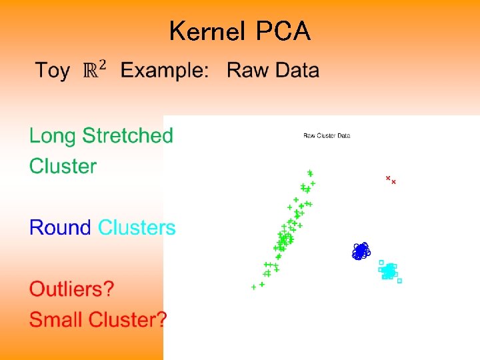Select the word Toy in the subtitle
coord(52,71)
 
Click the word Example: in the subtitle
coord(164,71)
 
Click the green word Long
coord(53,136)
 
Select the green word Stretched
coord(127,136)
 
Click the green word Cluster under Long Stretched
coord(63,166)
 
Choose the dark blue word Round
coord(60,228)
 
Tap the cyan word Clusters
coord(137,228)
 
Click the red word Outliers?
coord(71,289)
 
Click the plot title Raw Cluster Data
coord(327,136)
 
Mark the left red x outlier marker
coord(387,178)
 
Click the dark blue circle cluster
coord(361,251)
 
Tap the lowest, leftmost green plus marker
coord(253,287)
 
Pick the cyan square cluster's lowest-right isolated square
coord(399,281)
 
